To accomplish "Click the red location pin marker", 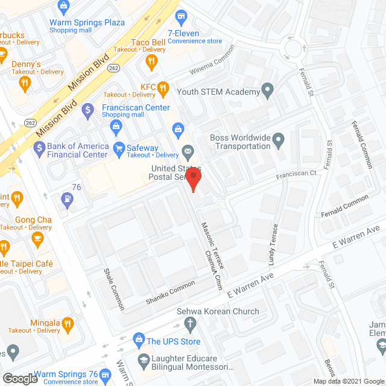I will click(192, 180).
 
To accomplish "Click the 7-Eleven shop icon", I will click(180, 14).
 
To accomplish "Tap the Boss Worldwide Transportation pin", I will click(278, 141).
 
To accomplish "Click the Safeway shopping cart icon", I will click(119, 148).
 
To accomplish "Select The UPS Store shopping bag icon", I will click(139, 341).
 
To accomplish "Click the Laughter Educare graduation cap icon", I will click(143, 361).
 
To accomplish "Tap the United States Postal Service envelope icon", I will click(188, 151).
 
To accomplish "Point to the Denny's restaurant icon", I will click(24, 84).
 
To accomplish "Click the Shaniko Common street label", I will click(171, 292).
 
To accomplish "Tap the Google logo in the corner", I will click(20, 378).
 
